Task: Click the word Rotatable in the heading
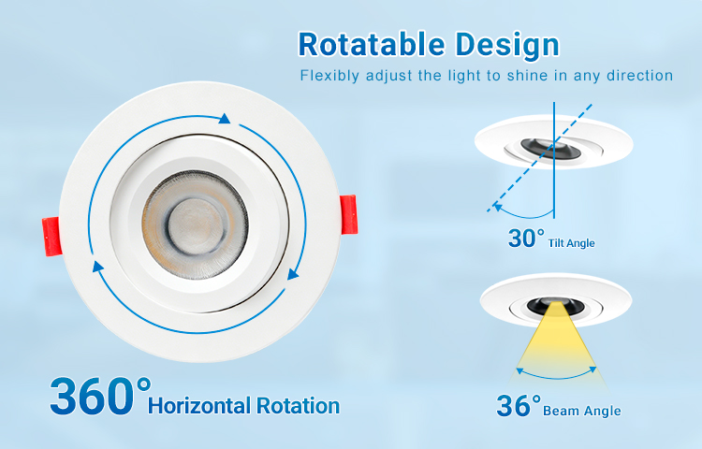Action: pos(372,44)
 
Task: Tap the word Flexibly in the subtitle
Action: pos(329,76)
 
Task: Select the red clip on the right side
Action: pos(349,214)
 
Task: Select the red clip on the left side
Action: pos(51,236)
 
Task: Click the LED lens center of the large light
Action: pos(196,224)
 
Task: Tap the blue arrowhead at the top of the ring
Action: pos(225,119)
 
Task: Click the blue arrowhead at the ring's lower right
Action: pos(292,274)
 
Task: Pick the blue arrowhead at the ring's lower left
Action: pos(97,267)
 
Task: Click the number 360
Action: pos(93,397)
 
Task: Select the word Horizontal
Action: pos(199,406)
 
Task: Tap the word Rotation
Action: pos(299,406)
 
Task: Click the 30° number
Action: pos(526,238)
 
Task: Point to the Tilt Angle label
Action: pos(572,243)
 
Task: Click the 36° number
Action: pos(519,405)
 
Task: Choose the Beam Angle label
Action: pos(582,411)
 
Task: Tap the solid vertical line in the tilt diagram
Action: pos(554,160)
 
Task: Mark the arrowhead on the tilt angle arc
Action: pos(497,207)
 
